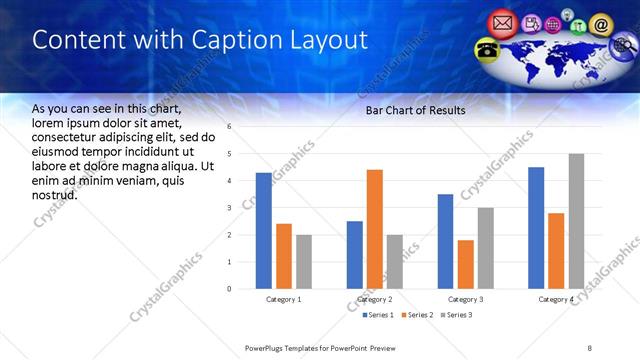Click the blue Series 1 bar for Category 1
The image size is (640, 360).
click(x=263, y=231)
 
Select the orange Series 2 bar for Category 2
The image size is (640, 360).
click(x=375, y=229)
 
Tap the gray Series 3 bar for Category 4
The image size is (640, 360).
click(x=576, y=221)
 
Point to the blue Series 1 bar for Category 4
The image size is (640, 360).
click(x=536, y=228)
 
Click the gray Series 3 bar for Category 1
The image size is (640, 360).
click(x=304, y=262)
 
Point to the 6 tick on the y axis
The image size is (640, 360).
click(x=230, y=127)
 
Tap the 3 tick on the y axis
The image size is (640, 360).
click(x=230, y=208)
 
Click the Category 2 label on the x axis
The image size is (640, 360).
click(x=375, y=299)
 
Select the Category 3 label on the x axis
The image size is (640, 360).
click(x=466, y=299)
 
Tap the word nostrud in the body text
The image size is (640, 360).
click(x=55, y=195)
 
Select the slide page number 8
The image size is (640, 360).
click(x=589, y=348)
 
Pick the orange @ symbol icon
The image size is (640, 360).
click(x=601, y=23)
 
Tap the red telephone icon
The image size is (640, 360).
click(x=487, y=49)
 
